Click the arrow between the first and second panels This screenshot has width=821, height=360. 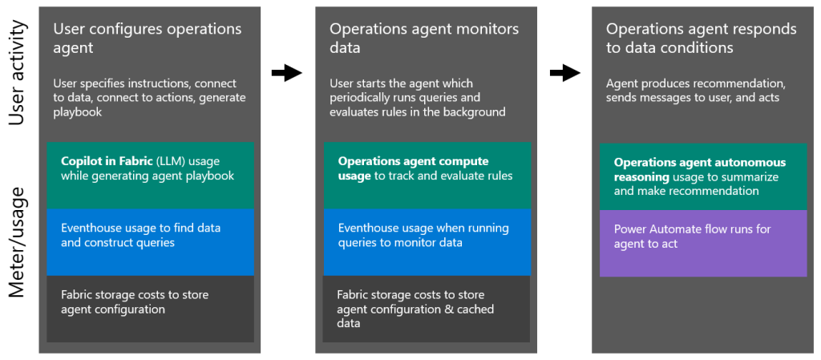tap(286, 73)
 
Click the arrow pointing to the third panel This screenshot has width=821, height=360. tap(564, 73)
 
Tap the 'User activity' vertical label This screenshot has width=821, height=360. tap(18, 74)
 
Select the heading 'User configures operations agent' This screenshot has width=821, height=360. tap(147, 38)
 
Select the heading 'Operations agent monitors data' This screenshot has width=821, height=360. tap(424, 38)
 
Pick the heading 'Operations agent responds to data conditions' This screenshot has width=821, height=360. tap(701, 38)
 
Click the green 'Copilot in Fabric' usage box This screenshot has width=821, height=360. tap(150, 175)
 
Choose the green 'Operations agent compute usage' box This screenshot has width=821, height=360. tap(427, 175)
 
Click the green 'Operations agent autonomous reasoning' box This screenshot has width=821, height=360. tap(703, 176)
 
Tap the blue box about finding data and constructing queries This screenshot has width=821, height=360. tap(150, 241)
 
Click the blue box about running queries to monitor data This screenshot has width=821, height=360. tap(427, 241)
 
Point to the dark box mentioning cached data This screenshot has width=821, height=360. tap(427, 309)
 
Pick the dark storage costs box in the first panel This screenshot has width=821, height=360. tap(150, 309)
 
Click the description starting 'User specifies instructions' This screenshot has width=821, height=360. tap(149, 98)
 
